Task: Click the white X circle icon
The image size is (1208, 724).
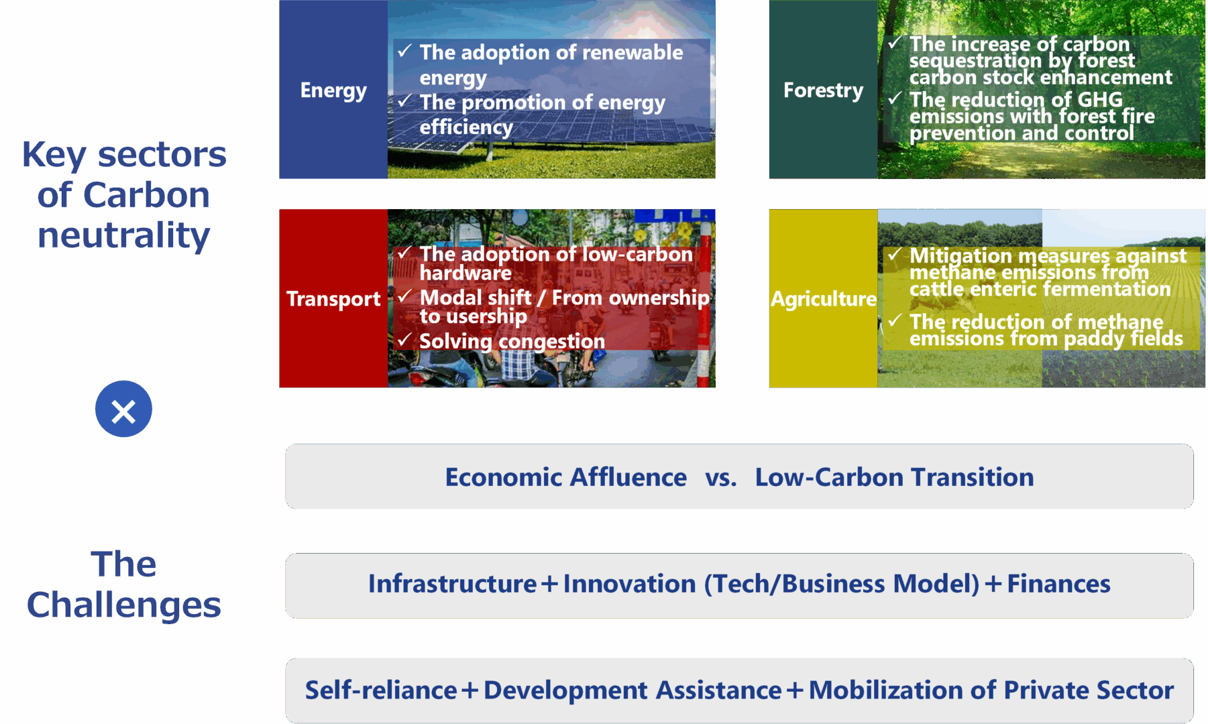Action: (x=123, y=409)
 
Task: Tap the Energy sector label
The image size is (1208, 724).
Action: (x=333, y=90)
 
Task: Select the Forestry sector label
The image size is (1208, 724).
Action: (x=823, y=90)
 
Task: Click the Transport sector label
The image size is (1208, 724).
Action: (x=333, y=299)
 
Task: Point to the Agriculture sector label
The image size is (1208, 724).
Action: (x=824, y=299)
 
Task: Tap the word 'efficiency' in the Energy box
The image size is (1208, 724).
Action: (x=466, y=127)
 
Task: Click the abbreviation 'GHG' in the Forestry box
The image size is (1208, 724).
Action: (x=1100, y=99)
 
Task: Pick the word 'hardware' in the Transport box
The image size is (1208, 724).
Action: (x=465, y=273)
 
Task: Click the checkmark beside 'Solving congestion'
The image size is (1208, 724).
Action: (x=404, y=340)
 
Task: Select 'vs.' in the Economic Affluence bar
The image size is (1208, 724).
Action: (x=721, y=478)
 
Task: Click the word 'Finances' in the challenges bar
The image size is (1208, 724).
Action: (x=1058, y=584)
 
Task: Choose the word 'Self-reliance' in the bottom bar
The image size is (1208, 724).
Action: (x=381, y=690)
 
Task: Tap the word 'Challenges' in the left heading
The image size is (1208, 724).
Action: (x=124, y=605)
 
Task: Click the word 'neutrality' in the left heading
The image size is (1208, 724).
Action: (x=124, y=235)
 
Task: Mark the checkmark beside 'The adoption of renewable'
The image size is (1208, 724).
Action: (x=404, y=51)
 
